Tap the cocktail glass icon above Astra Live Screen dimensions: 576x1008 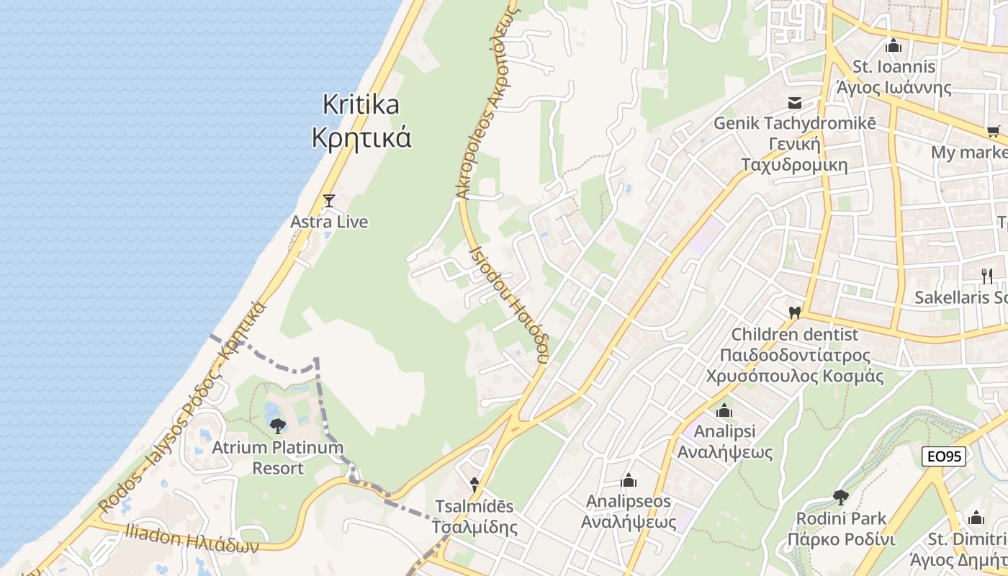click(329, 201)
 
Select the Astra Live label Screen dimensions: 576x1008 click(329, 222)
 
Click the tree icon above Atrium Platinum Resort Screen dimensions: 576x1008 click(278, 426)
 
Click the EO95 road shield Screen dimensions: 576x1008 click(943, 456)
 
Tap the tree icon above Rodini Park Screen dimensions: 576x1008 click(840, 497)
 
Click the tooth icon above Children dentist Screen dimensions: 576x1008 click(795, 313)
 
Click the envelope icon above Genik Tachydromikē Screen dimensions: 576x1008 click(795, 103)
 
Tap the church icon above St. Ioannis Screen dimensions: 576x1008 click(894, 46)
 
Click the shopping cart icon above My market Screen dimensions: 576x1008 click(994, 132)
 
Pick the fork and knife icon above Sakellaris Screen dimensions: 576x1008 click(987, 276)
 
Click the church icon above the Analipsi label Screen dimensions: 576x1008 click(724, 411)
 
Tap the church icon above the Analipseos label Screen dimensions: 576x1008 click(629, 480)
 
